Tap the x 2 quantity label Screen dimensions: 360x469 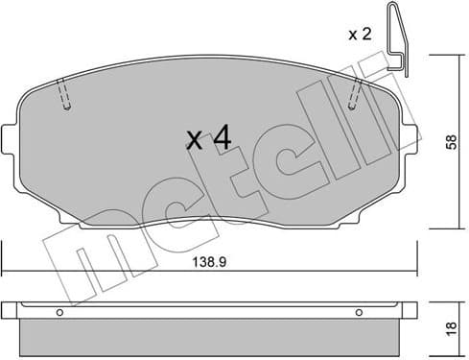click(x=359, y=35)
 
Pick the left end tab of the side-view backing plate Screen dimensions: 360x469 click(x=9, y=310)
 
